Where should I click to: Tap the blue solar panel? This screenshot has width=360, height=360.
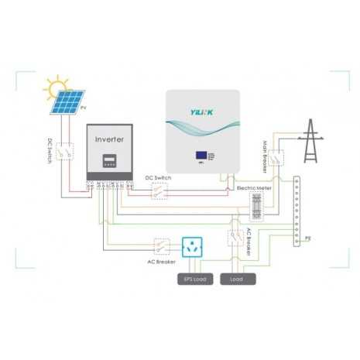click(70, 103)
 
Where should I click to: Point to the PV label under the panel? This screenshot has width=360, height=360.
click(84, 115)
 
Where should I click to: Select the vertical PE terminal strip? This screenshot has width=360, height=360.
click(297, 211)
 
